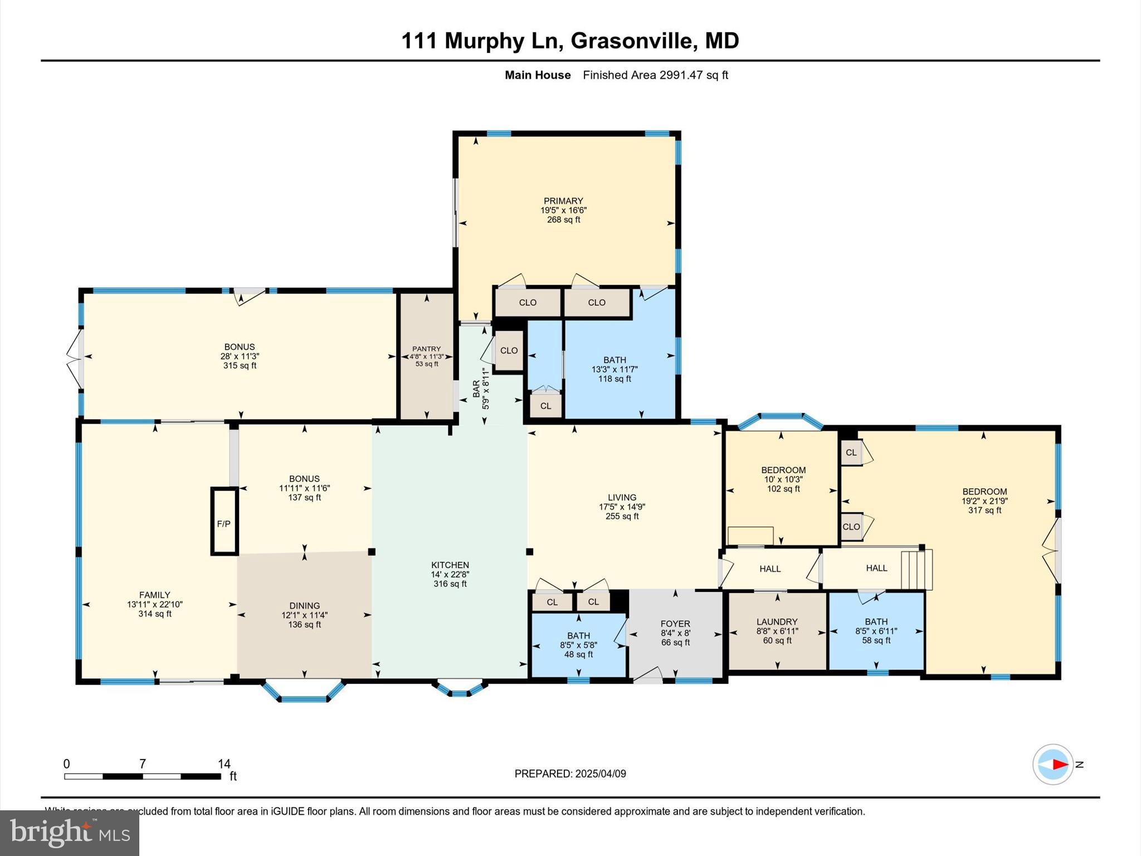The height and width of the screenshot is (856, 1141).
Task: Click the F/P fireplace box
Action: pyautogui.click(x=224, y=522)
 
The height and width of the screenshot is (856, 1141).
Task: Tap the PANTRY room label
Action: pyautogui.click(x=426, y=349)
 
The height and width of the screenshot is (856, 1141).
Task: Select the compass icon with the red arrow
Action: pyautogui.click(x=1052, y=764)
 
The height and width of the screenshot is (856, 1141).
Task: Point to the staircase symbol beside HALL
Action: pyautogui.click(x=916, y=570)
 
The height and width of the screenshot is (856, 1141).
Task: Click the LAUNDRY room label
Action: pyautogui.click(x=777, y=621)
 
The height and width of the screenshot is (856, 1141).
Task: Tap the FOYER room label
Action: pyautogui.click(x=675, y=624)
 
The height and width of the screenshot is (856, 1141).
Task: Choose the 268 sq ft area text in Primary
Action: pyautogui.click(x=563, y=220)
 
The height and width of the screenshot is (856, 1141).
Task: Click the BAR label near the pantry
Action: pyautogui.click(x=476, y=388)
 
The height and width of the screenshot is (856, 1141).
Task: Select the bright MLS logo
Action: pyautogui.click(x=70, y=833)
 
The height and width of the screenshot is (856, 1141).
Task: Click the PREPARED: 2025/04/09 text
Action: pyautogui.click(x=570, y=774)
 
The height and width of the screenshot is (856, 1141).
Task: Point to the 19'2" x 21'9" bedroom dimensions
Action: pyautogui.click(x=984, y=500)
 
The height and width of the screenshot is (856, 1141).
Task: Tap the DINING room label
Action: pyautogui.click(x=304, y=605)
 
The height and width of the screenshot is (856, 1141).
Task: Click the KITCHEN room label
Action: pyautogui.click(x=450, y=565)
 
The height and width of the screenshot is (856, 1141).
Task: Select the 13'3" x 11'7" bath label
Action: pyautogui.click(x=615, y=369)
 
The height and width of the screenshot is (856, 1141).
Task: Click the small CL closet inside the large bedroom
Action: pyautogui.click(x=851, y=453)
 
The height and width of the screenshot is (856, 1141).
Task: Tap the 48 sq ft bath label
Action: pyautogui.click(x=578, y=654)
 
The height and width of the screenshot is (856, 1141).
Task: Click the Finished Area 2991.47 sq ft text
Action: pyautogui.click(x=655, y=75)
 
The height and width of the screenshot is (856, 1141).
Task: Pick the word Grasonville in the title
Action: pyautogui.click(x=632, y=41)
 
